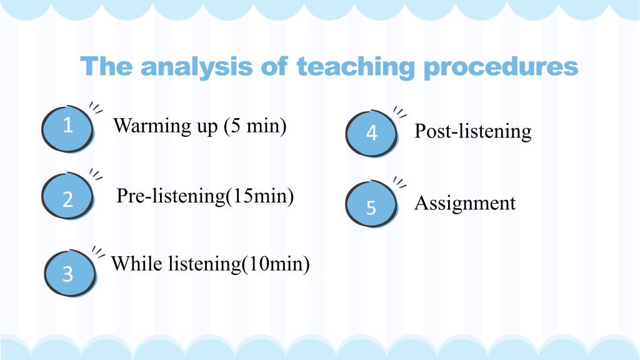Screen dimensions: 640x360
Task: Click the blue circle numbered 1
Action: tap(67, 129)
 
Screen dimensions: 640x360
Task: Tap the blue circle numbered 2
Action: tap(67, 196)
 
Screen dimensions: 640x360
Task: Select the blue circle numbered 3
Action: tap(70, 272)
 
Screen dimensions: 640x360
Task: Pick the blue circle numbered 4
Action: tap(371, 134)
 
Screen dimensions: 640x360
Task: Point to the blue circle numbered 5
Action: tap(371, 204)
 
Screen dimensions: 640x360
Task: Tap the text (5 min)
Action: tap(255, 126)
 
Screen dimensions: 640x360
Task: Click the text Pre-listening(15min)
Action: tap(205, 196)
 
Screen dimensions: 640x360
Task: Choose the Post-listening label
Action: tap(473, 131)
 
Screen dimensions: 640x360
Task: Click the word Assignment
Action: tap(465, 203)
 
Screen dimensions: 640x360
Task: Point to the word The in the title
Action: tap(106, 66)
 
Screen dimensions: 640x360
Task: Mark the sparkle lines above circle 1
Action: tap(96, 107)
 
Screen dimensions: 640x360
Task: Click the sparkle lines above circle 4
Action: tap(399, 112)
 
